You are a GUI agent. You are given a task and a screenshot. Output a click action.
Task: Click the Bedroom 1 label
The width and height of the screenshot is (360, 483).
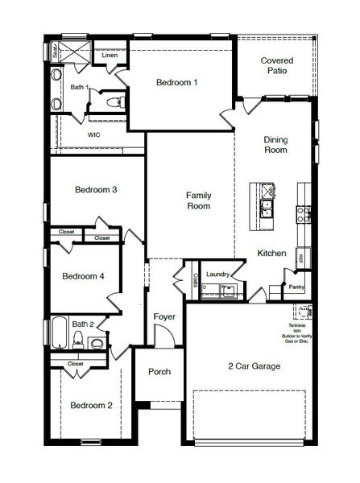point(176,82)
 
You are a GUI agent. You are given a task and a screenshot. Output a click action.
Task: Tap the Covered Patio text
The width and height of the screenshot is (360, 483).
point(276,67)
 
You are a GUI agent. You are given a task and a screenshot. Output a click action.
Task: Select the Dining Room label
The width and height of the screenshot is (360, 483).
point(275,145)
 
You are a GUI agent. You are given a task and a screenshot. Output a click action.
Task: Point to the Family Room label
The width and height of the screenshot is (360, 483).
point(198,200)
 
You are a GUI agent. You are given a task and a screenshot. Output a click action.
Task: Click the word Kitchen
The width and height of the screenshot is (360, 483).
point(271,254)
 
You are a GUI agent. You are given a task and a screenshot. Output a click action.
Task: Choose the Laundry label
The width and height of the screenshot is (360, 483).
point(218,275)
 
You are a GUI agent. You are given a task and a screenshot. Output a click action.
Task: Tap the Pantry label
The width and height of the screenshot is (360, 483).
point(296,287)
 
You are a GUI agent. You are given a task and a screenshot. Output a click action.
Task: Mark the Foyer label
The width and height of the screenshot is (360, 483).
point(164,316)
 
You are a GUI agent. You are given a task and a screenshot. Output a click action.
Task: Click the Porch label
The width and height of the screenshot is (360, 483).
point(159,372)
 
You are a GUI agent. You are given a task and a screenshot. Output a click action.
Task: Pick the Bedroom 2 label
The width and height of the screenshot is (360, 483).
point(90,405)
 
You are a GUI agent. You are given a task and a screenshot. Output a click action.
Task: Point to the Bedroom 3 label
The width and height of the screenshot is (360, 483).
point(96,190)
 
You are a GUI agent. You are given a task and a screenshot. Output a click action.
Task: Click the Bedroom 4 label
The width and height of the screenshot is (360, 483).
point(84,276)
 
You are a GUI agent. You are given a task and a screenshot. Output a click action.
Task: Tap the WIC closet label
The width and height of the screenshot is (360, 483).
point(93,135)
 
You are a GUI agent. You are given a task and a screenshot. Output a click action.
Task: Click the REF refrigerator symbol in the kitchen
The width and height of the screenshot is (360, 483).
point(301,258)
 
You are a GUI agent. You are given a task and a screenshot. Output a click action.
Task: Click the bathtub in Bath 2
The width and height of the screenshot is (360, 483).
point(60,332)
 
